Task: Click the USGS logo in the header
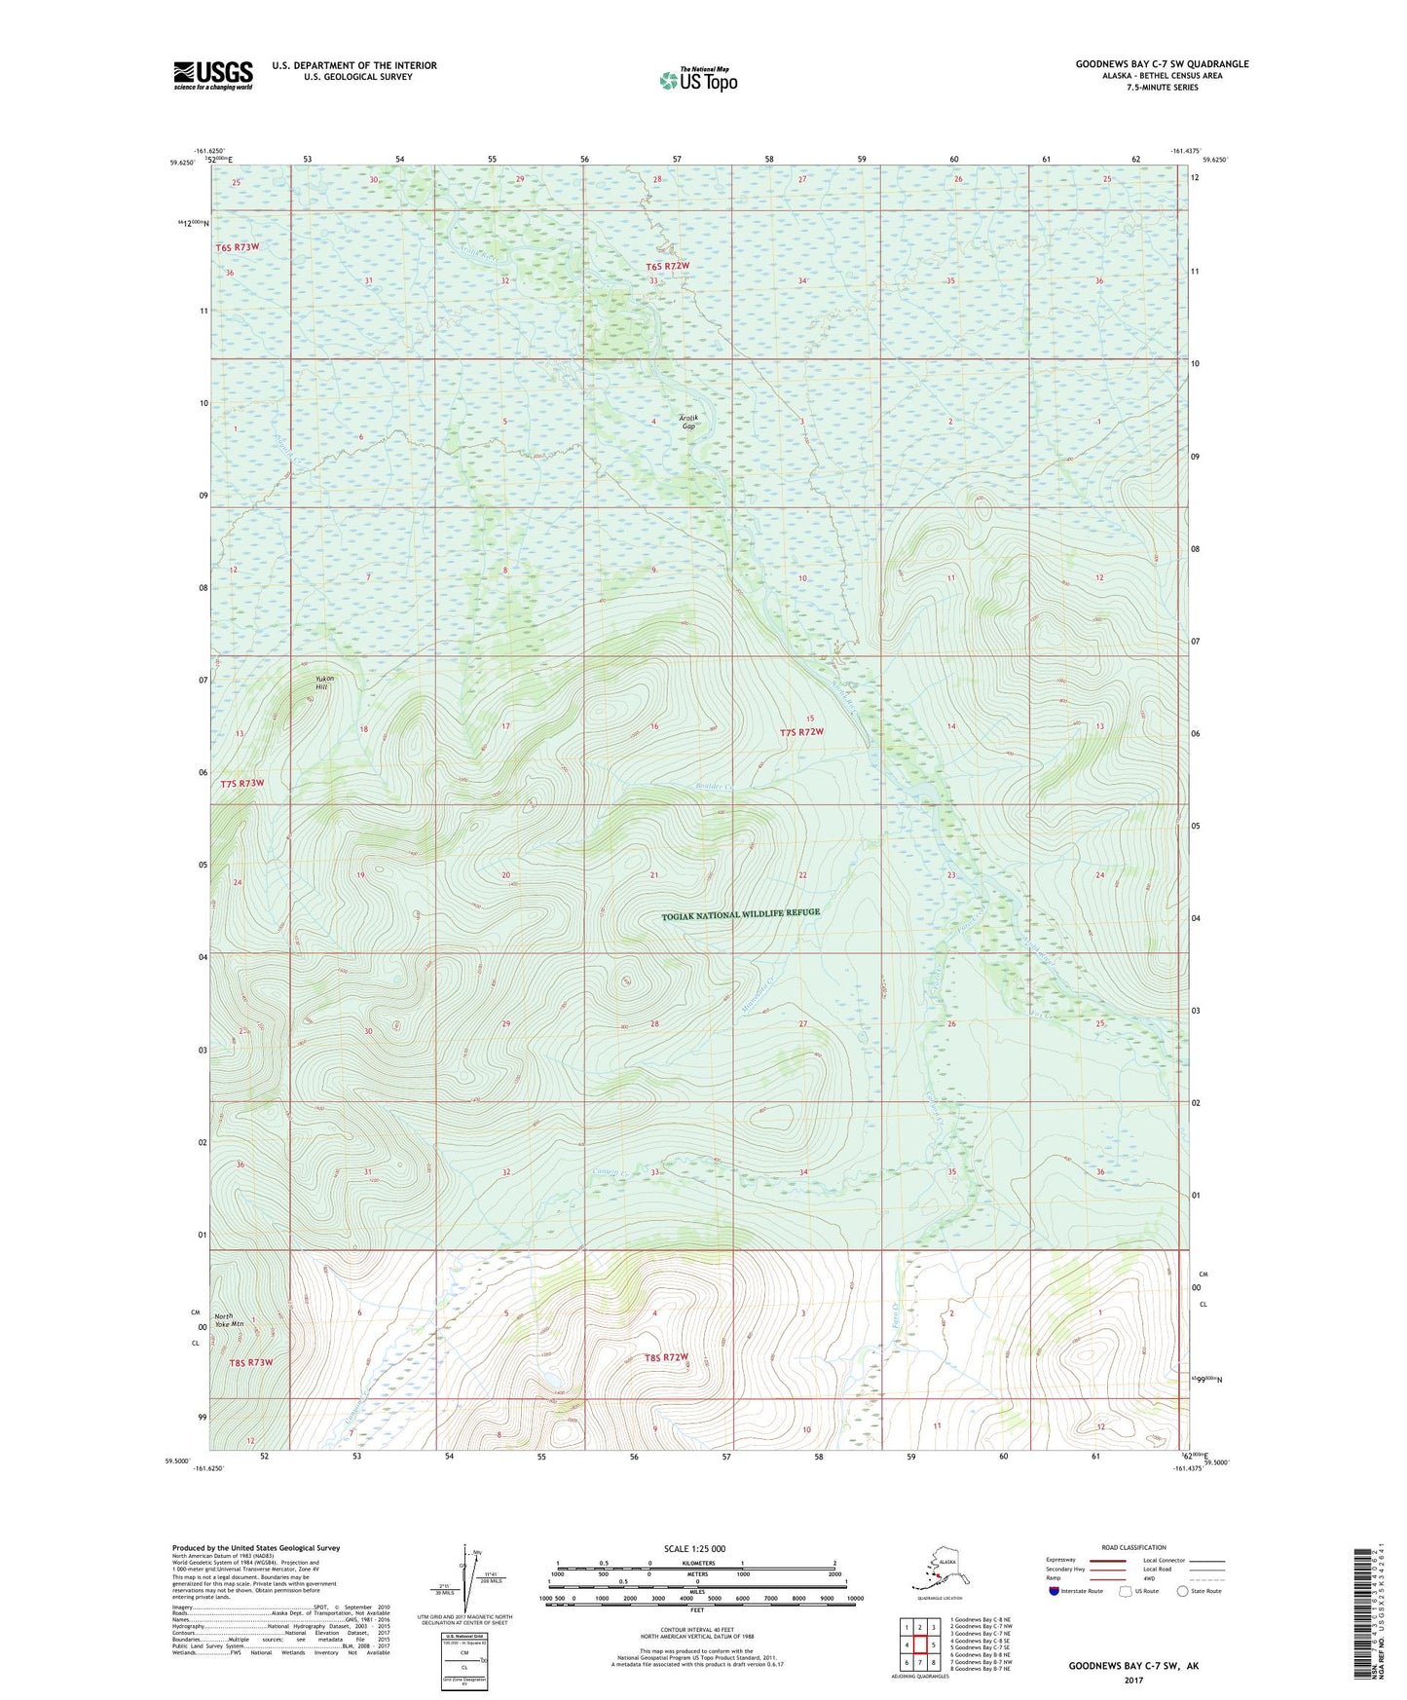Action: click(212, 75)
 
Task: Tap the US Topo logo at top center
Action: click(698, 80)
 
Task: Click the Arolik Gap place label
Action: click(689, 423)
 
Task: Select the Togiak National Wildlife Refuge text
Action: click(741, 914)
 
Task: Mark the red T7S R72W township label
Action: click(801, 732)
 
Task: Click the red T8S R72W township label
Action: click(666, 1357)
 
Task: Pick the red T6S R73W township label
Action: click(238, 247)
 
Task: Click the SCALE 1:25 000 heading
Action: click(694, 1548)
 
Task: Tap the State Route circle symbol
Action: click(1182, 1592)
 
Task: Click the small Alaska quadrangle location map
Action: click(938, 1570)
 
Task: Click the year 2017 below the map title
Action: click(1133, 1680)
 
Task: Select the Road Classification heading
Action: click(1133, 1547)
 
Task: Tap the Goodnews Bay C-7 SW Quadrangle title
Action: click(1162, 64)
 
